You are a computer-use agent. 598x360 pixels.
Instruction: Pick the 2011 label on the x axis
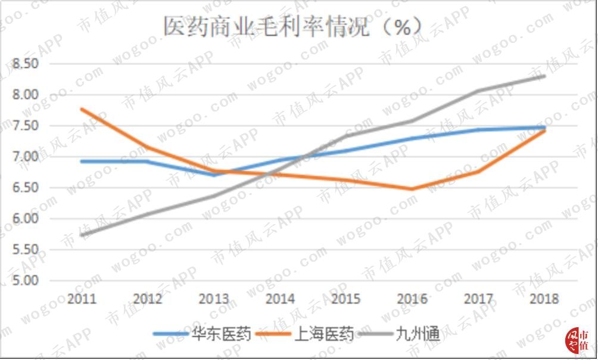pyautogui.click(x=82, y=299)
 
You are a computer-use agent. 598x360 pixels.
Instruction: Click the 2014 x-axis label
pyautogui.click(x=281, y=299)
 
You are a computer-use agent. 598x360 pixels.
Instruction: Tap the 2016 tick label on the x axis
pyautogui.click(x=412, y=299)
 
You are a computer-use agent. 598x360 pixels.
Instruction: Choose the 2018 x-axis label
pyautogui.click(x=544, y=299)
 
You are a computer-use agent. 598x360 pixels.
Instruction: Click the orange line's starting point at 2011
pyautogui.click(x=82, y=109)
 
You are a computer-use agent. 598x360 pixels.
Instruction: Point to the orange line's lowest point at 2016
pyautogui.click(x=412, y=189)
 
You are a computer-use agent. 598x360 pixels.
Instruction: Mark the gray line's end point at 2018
pyautogui.click(x=544, y=76)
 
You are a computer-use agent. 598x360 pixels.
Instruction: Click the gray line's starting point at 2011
pyautogui.click(x=82, y=235)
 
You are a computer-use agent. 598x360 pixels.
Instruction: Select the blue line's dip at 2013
pyautogui.click(x=214, y=175)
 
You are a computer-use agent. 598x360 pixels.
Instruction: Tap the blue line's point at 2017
pyautogui.click(x=478, y=130)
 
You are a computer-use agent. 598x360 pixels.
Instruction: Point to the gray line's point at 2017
pyautogui.click(x=478, y=91)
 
